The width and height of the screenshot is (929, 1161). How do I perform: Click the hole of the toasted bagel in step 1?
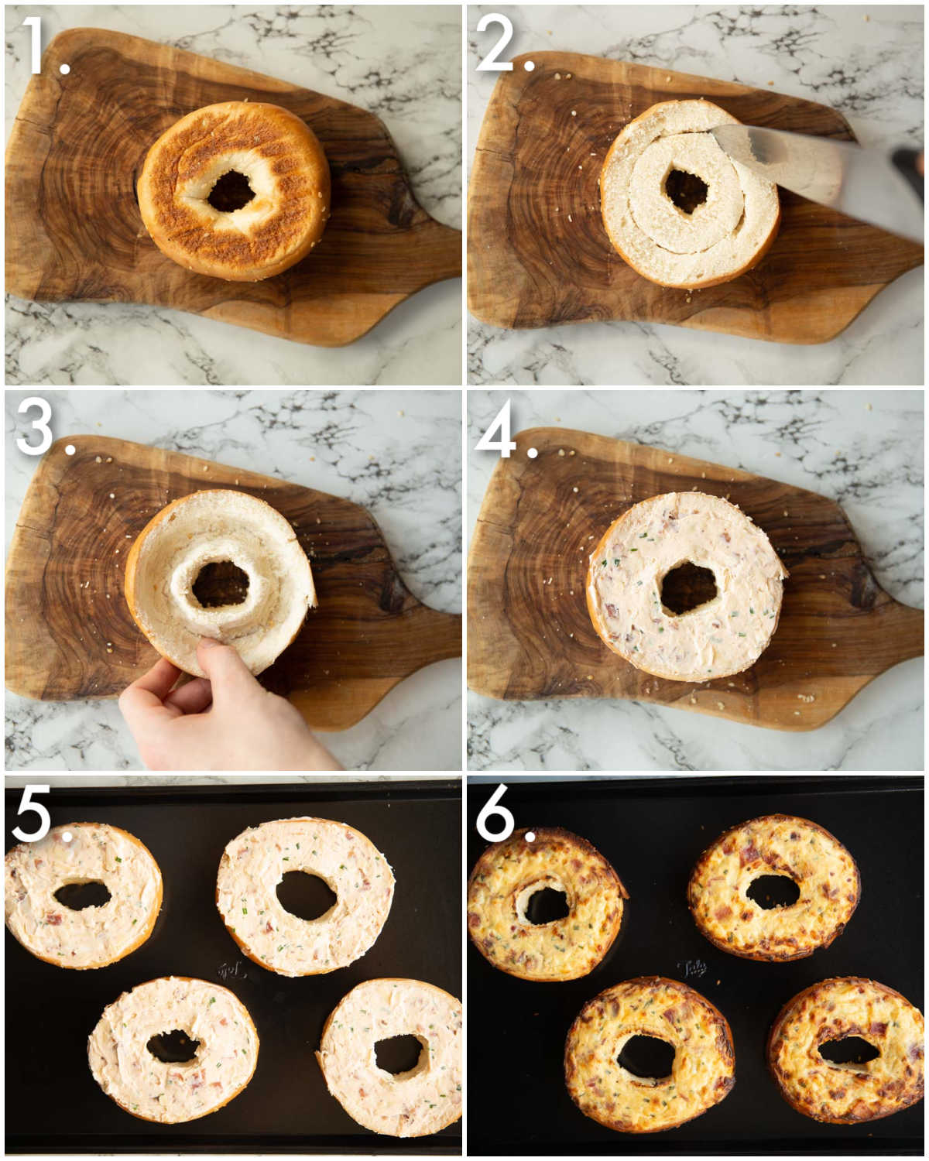231,190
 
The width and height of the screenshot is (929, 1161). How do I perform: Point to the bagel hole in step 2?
686,190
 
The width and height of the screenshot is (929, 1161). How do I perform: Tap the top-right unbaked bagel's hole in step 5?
305,896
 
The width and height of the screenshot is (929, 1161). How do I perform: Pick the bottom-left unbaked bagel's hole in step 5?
173,1046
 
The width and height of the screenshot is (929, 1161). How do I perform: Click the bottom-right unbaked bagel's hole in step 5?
399,1054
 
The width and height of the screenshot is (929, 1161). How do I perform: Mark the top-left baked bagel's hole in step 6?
545,904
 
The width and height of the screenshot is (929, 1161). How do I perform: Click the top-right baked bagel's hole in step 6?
772,892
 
